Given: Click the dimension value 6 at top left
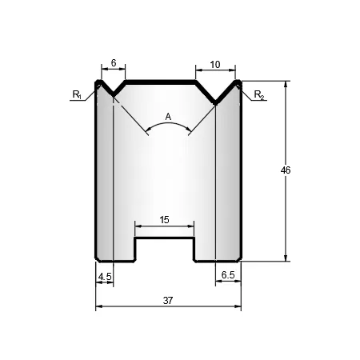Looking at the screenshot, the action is [114, 63].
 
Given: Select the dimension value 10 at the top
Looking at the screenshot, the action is [215, 65].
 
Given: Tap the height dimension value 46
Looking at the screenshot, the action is [286, 170].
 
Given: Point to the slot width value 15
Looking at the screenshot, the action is [164, 220].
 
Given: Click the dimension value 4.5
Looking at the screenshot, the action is [105, 277].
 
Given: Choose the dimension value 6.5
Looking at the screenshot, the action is [228, 274].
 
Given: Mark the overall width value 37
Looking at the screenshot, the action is [168, 301].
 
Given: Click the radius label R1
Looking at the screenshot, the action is [77, 94].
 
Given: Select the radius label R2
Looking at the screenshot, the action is [259, 94].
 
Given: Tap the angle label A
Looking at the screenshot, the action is [168, 117].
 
